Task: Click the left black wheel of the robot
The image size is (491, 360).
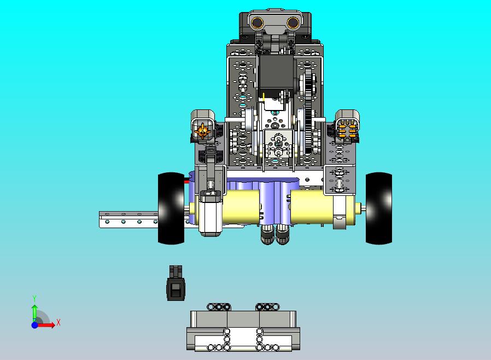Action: click(171, 208)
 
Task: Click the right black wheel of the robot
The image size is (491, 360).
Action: click(379, 208)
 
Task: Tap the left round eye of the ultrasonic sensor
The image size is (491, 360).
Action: click(258, 22)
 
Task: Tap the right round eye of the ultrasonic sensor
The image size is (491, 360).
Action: click(293, 22)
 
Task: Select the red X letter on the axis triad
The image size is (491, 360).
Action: click(59, 322)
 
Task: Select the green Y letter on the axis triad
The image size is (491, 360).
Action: click(34, 298)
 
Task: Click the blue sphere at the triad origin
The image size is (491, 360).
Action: click(35, 325)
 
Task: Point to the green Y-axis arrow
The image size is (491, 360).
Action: click(35, 313)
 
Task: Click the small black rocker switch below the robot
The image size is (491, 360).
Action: click(176, 283)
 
